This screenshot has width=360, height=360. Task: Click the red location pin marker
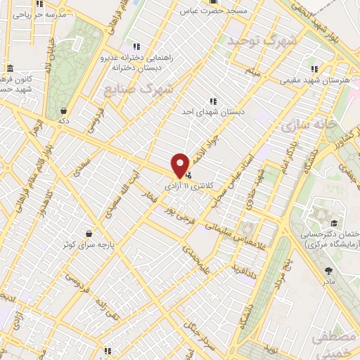click(x=181, y=164)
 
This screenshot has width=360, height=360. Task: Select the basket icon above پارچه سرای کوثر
click(x=89, y=233)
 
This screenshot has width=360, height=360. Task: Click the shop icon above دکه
click(x=64, y=110)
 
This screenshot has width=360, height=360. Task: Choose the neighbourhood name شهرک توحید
click(x=259, y=41)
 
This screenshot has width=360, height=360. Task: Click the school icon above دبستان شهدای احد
click(x=212, y=101)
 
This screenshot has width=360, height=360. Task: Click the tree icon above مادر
click(x=329, y=270)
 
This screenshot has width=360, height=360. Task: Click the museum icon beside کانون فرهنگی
click(x=10, y=68)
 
